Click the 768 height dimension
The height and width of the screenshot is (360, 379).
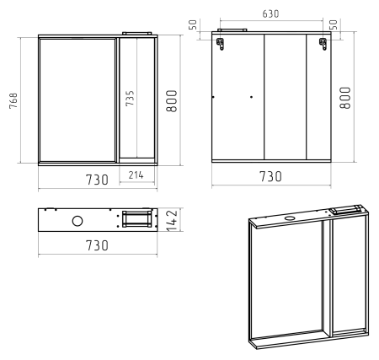[x=13, y=101]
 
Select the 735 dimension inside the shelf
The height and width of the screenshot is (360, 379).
[x=130, y=98]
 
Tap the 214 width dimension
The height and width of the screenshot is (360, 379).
[x=136, y=175]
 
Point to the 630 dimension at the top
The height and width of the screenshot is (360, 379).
[x=270, y=13]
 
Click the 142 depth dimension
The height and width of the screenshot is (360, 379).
[x=173, y=220]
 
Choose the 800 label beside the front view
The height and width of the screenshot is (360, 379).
[x=171, y=101]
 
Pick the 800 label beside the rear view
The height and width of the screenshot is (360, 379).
[x=345, y=98]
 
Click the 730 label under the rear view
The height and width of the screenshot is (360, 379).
[x=270, y=176]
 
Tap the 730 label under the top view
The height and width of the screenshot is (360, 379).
[x=97, y=245]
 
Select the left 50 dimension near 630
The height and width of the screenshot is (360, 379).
[x=193, y=25]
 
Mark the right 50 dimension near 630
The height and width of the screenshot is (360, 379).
[x=333, y=25]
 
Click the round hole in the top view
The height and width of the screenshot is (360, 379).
[x=77, y=221]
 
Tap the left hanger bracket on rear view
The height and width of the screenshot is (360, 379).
[x=220, y=44]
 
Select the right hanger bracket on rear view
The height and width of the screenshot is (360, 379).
[x=323, y=44]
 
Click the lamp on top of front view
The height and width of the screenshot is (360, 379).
[x=137, y=34]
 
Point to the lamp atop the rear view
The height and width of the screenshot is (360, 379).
[x=232, y=30]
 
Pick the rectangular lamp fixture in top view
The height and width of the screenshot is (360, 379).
[x=136, y=219]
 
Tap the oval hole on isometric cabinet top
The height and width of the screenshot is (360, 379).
[x=289, y=218]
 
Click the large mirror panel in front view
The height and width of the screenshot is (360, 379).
[x=77, y=100]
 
